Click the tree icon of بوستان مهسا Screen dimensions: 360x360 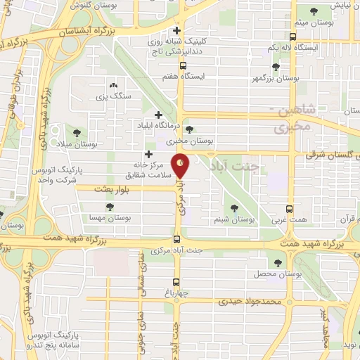pos(110,207)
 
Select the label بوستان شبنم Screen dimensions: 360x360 pos(234,220)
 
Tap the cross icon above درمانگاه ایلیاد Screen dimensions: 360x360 pos(158,114)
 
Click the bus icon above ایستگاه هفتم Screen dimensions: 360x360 pos(183,65)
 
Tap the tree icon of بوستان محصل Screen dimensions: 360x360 pos(278,263)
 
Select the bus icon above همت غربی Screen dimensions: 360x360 pos(290,210)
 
